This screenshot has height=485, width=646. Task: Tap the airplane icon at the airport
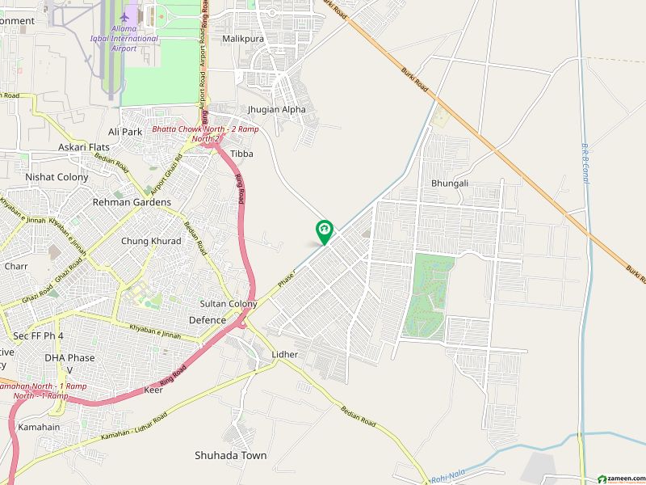coord(124,17)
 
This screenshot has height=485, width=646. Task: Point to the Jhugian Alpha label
coord(277,109)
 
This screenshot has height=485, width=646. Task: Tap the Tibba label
coord(241,154)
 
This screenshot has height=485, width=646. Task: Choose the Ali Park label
coord(125,131)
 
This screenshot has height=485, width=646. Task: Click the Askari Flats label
coord(83,147)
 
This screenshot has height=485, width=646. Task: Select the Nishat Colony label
coord(57,176)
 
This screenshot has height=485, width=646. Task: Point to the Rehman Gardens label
coord(132,202)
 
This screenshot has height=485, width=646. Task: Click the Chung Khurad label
coord(151,241)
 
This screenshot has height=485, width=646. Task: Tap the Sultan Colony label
coord(229,304)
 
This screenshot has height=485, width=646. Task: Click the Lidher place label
coord(285,354)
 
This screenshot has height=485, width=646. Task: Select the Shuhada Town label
coord(230,455)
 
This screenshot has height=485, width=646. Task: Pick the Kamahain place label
coord(40,426)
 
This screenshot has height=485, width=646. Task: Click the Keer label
coord(153,390)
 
